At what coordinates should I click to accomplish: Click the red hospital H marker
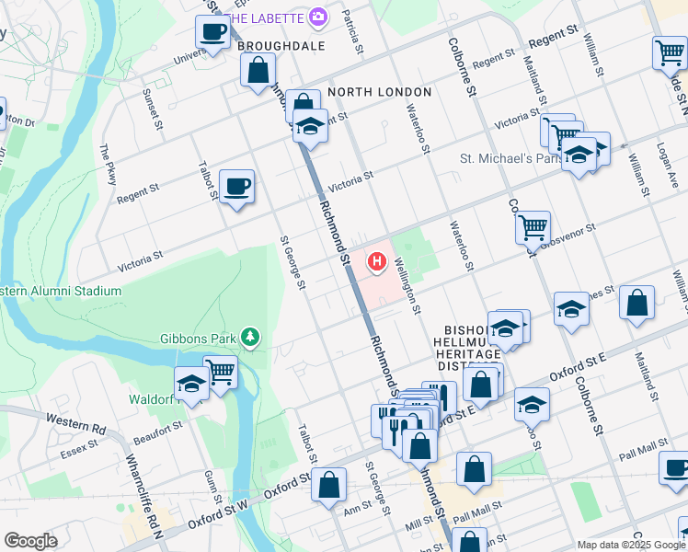point(376,263)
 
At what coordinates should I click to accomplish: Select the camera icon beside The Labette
point(318,17)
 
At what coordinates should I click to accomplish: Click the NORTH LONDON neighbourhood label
point(379,92)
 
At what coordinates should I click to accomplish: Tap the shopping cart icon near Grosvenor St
point(533,226)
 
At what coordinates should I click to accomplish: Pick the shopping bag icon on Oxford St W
point(328,485)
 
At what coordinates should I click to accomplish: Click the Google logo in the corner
point(30,541)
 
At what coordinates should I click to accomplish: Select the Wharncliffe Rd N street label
point(143,497)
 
